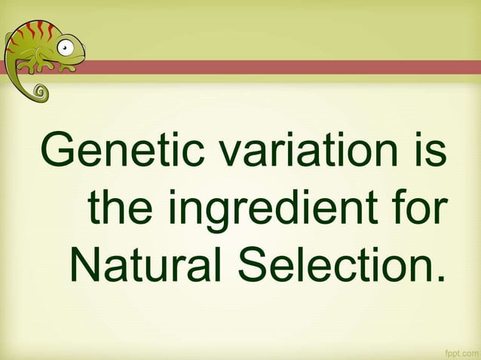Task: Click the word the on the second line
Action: coord(121,207)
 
